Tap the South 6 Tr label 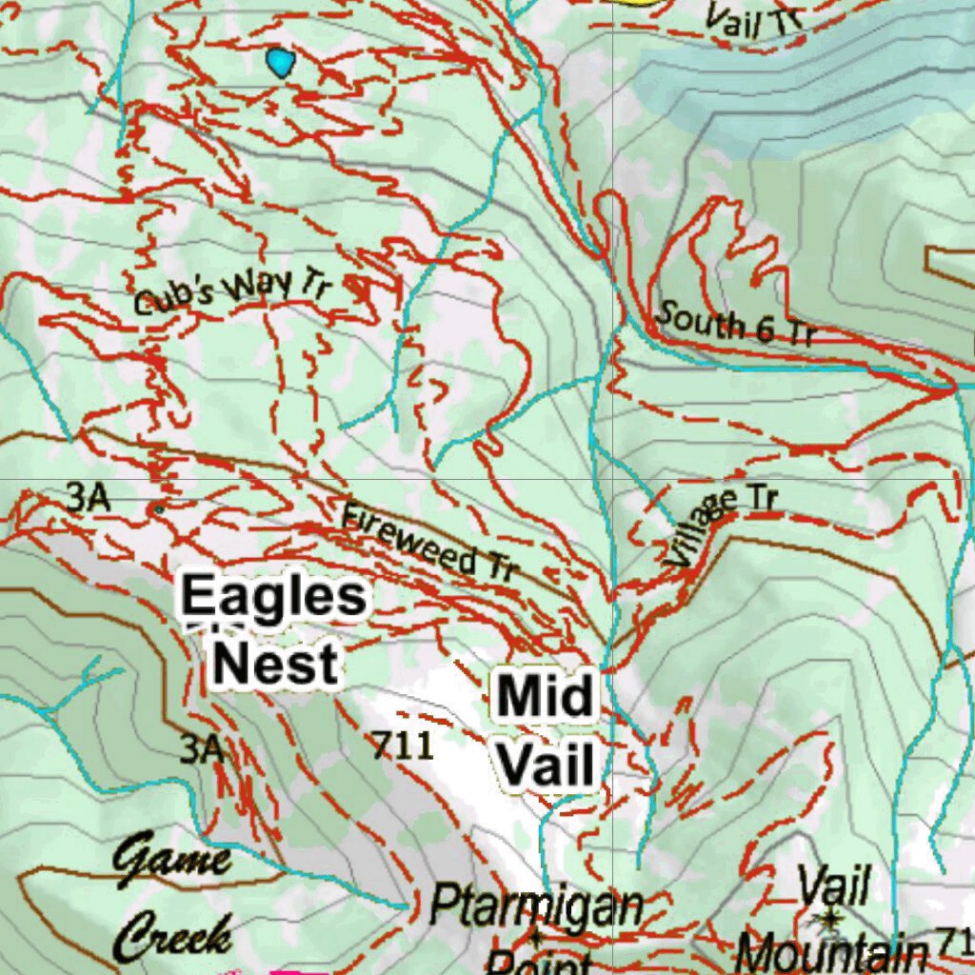[x=736, y=324]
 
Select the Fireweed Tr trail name [x=429, y=543]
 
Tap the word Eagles [x=273, y=598]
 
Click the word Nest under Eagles [x=274, y=664]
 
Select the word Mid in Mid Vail [x=546, y=695]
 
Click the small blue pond [x=280, y=63]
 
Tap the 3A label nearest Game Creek [x=202, y=749]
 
